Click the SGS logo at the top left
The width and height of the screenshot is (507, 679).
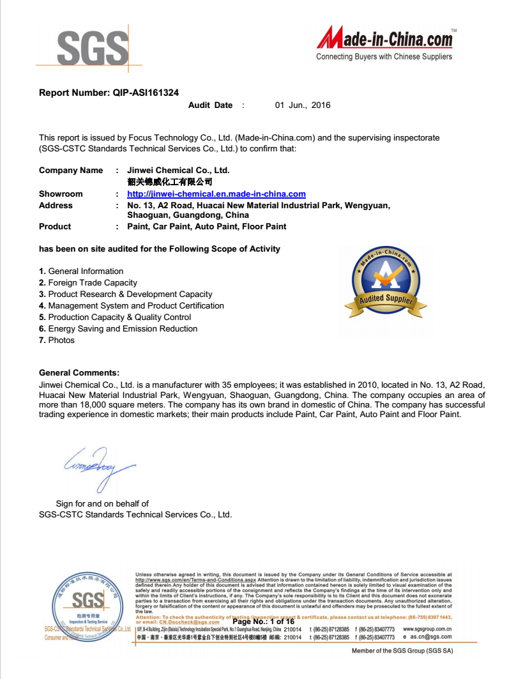point(93,48)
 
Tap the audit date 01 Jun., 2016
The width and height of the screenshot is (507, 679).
point(303,105)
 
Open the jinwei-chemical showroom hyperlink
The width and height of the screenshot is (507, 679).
point(216,194)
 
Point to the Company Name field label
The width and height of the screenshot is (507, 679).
point(71,171)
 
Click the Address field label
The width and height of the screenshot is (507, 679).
point(56,206)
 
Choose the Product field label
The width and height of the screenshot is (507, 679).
point(55,227)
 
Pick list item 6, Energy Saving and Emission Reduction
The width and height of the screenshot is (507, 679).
point(118,329)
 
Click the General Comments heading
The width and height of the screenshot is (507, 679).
point(79,373)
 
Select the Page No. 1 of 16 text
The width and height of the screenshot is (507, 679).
point(263,622)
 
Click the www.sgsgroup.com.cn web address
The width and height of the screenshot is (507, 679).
point(427,629)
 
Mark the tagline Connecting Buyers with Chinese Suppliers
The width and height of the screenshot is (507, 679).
point(384,57)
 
